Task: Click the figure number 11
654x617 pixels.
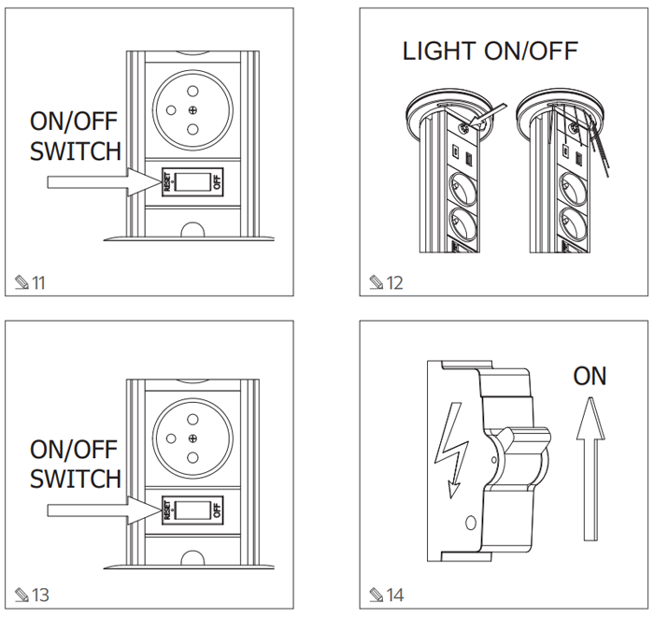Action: click(38, 281)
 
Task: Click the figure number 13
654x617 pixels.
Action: click(38, 595)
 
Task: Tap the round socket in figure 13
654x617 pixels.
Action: click(192, 438)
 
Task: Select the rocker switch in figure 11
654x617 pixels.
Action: click(192, 181)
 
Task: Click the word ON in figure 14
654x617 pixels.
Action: click(590, 377)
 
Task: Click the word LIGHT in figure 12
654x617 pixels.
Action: click(439, 51)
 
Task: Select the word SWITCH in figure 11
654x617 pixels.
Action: click(76, 151)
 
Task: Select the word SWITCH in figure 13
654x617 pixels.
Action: click(76, 479)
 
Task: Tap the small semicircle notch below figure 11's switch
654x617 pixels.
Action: click(192, 229)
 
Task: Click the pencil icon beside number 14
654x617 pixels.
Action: click(376, 595)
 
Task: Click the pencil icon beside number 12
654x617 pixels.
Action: click(376, 281)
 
